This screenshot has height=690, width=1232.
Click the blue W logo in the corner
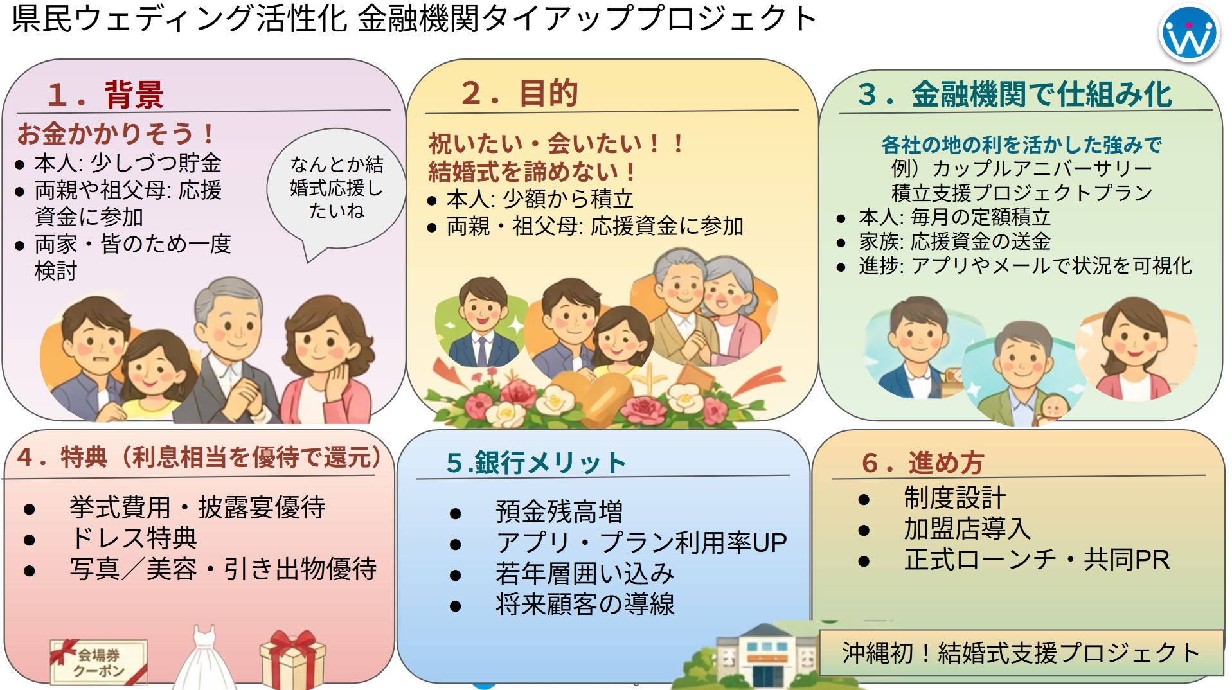coord(1189,33)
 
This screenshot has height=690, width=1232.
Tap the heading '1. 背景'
coord(105,94)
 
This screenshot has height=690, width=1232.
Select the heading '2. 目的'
coord(519,93)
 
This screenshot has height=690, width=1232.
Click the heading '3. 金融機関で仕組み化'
coord(1015,94)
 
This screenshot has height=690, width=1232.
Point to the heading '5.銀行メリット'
coord(536,463)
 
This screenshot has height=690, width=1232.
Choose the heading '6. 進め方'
coord(923,463)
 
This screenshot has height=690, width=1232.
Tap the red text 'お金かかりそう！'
coord(116,134)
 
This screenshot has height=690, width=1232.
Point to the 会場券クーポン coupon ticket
coord(98,661)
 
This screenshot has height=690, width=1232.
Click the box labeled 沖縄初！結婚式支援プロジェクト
coord(1021,653)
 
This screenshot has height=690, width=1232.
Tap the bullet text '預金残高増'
coord(559,512)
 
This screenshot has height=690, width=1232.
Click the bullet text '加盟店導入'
coord(967,529)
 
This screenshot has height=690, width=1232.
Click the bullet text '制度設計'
coord(954,498)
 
